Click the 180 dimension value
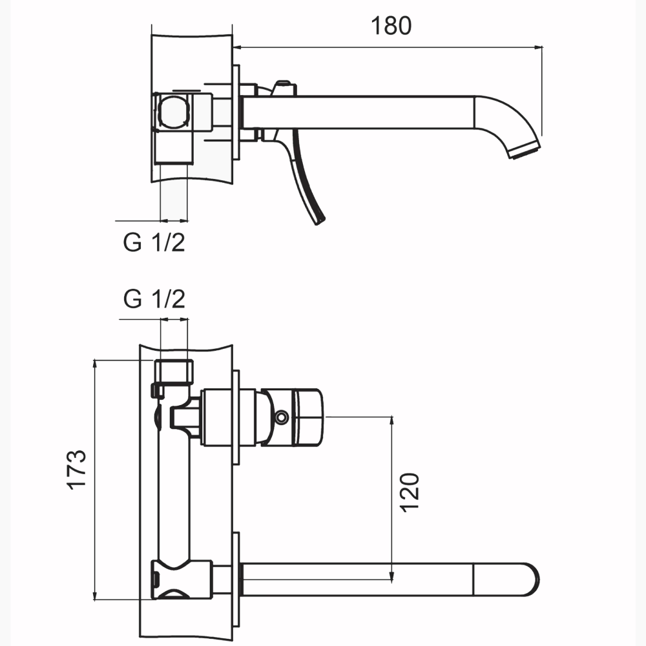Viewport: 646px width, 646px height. [x=391, y=26]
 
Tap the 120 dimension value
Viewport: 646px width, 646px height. [x=412, y=492]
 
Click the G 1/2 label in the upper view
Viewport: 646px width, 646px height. [x=154, y=243]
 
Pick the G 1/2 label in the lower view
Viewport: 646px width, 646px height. [x=154, y=300]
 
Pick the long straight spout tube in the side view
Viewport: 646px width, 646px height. [x=362, y=111]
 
